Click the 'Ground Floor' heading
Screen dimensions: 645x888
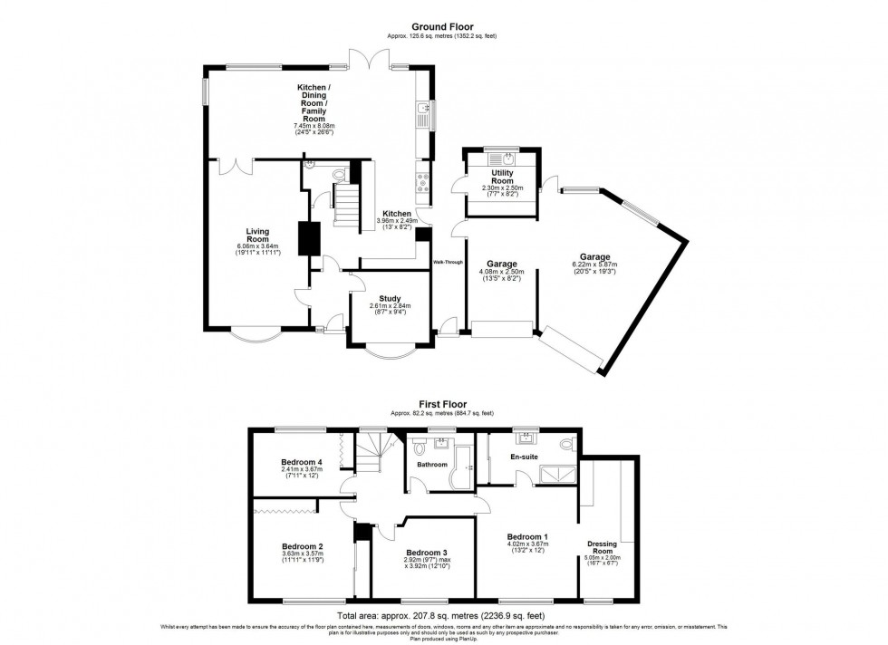[442, 28]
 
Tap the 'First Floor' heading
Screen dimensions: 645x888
[442, 406]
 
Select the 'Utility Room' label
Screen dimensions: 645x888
[502, 177]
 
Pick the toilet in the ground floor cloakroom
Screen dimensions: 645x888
[340, 172]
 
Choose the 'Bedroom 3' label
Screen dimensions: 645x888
[425, 553]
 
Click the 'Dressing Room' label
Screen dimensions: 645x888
[603, 548]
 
